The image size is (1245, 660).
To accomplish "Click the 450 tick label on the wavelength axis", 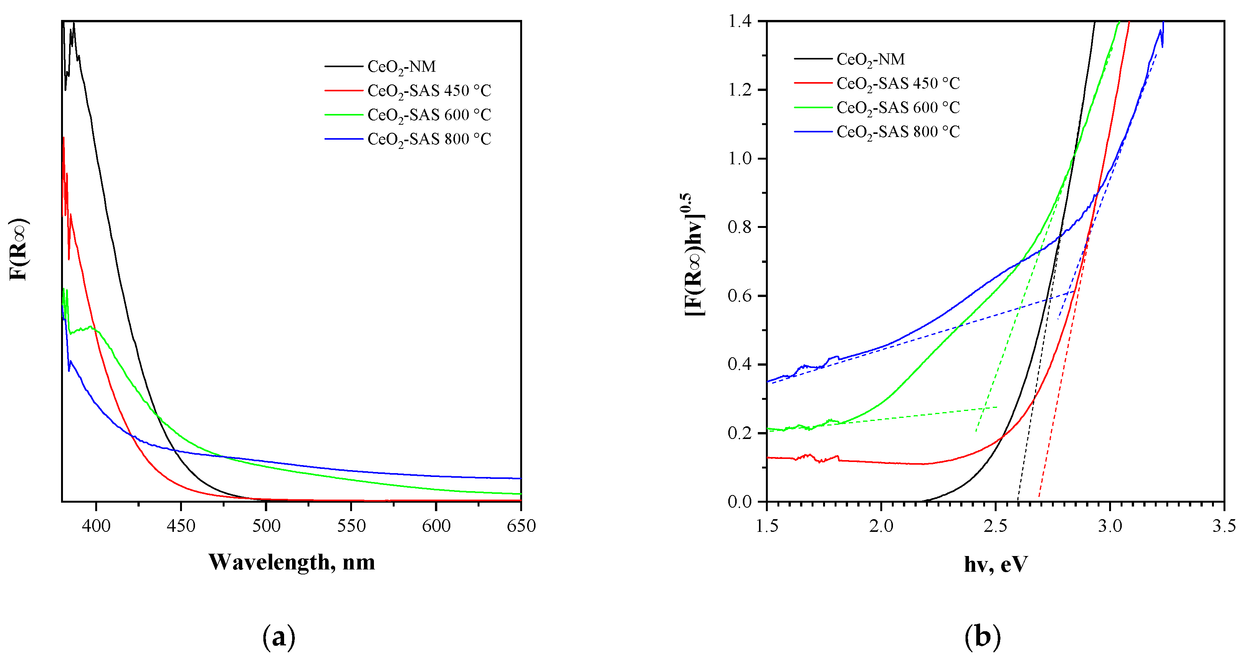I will pos(181,526).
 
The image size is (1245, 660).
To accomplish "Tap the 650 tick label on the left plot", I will pos(521,526).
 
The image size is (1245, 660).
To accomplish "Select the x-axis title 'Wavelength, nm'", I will pos(291,562).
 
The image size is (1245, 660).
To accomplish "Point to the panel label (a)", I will pos(279,637).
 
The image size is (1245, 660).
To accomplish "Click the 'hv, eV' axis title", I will pos(995,564).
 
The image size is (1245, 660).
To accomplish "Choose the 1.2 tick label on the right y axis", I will pos(740,90).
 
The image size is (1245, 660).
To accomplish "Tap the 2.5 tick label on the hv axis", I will pos(995,526).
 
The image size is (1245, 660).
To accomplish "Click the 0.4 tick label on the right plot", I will pos(740,364).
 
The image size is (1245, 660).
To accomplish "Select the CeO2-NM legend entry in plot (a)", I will pos(401,67).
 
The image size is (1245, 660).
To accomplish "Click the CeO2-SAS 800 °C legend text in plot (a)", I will pos(429,139).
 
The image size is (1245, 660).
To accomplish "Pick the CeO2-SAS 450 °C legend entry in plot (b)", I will pos(898,84).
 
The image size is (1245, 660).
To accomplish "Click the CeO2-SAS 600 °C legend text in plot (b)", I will pos(898,108).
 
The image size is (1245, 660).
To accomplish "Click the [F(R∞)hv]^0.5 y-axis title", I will pos(694,255).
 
